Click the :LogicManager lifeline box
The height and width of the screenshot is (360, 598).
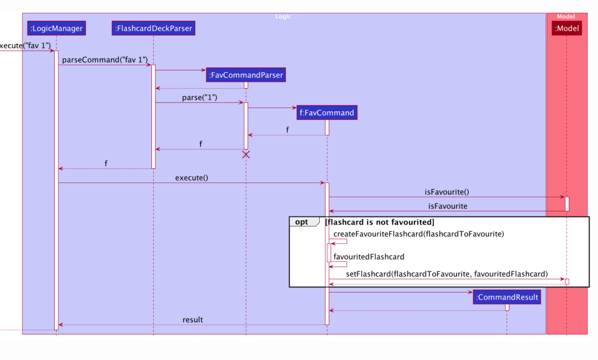point(56,28)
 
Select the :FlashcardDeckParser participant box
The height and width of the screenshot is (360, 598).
point(153,28)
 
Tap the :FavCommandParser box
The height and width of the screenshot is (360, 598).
point(246,75)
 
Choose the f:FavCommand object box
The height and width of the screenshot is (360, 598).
point(327,113)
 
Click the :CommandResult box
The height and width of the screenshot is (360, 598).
point(507,297)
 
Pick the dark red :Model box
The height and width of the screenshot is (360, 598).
point(567,28)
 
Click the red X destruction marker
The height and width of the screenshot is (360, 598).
point(246,155)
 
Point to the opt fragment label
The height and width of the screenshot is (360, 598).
point(302,222)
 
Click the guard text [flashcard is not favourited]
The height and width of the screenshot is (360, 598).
point(380,222)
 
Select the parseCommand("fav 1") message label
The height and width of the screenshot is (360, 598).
point(105,60)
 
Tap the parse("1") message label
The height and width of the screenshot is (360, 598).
point(199,97)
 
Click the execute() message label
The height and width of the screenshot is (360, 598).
point(192,178)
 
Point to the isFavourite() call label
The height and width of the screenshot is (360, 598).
point(447,192)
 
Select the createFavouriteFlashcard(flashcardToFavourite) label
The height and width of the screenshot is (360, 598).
point(418,234)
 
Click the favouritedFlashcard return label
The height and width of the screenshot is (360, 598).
point(369,257)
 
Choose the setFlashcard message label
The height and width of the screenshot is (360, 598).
point(447,274)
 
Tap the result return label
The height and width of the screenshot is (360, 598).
point(193,320)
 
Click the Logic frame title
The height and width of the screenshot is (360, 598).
point(283,17)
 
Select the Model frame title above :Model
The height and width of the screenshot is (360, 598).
point(566,17)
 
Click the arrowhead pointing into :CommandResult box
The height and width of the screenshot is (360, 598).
point(470,292)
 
